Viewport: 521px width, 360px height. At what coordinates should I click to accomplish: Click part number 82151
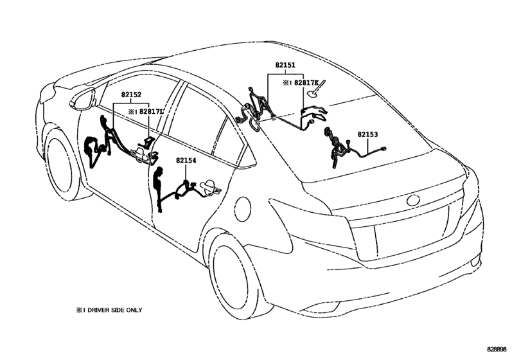click(x=285, y=65)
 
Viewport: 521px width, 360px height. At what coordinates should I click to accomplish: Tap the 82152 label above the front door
click(x=131, y=94)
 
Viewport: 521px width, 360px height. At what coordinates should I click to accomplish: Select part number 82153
click(x=368, y=134)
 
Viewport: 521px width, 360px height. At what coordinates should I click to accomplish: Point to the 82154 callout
click(x=186, y=161)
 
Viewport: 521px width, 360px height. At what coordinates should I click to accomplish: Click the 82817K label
click(x=306, y=82)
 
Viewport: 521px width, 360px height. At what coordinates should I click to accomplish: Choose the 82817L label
click(x=151, y=112)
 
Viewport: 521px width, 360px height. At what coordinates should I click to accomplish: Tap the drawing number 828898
click(x=497, y=349)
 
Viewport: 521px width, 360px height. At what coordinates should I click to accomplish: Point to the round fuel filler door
click(x=243, y=209)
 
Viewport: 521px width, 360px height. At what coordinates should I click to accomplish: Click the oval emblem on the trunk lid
click(x=413, y=200)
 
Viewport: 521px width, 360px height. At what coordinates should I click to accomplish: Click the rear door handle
click(x=209, y=187)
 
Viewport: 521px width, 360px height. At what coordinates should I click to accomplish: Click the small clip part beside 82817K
click(x=316, y=90)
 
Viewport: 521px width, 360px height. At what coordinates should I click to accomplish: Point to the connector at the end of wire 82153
click(x=384, y=149)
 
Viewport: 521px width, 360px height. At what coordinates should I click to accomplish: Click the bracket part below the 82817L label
click(x=147, y=142)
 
